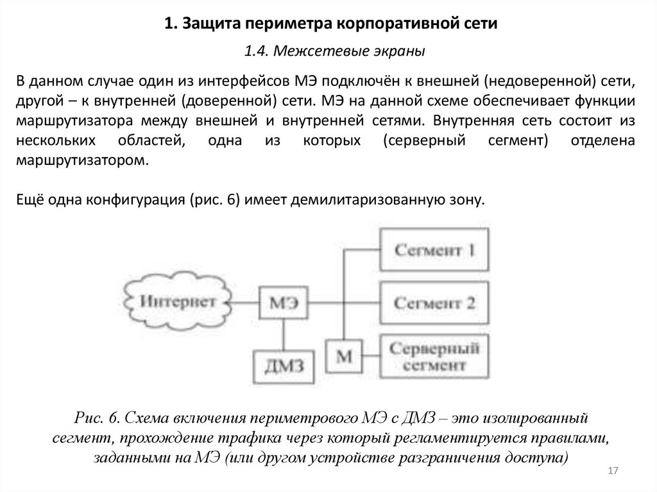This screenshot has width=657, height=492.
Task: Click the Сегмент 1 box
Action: [434, 250]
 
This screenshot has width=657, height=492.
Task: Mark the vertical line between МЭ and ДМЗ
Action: [282, 332]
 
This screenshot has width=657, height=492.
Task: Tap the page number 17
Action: [611, 472]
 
